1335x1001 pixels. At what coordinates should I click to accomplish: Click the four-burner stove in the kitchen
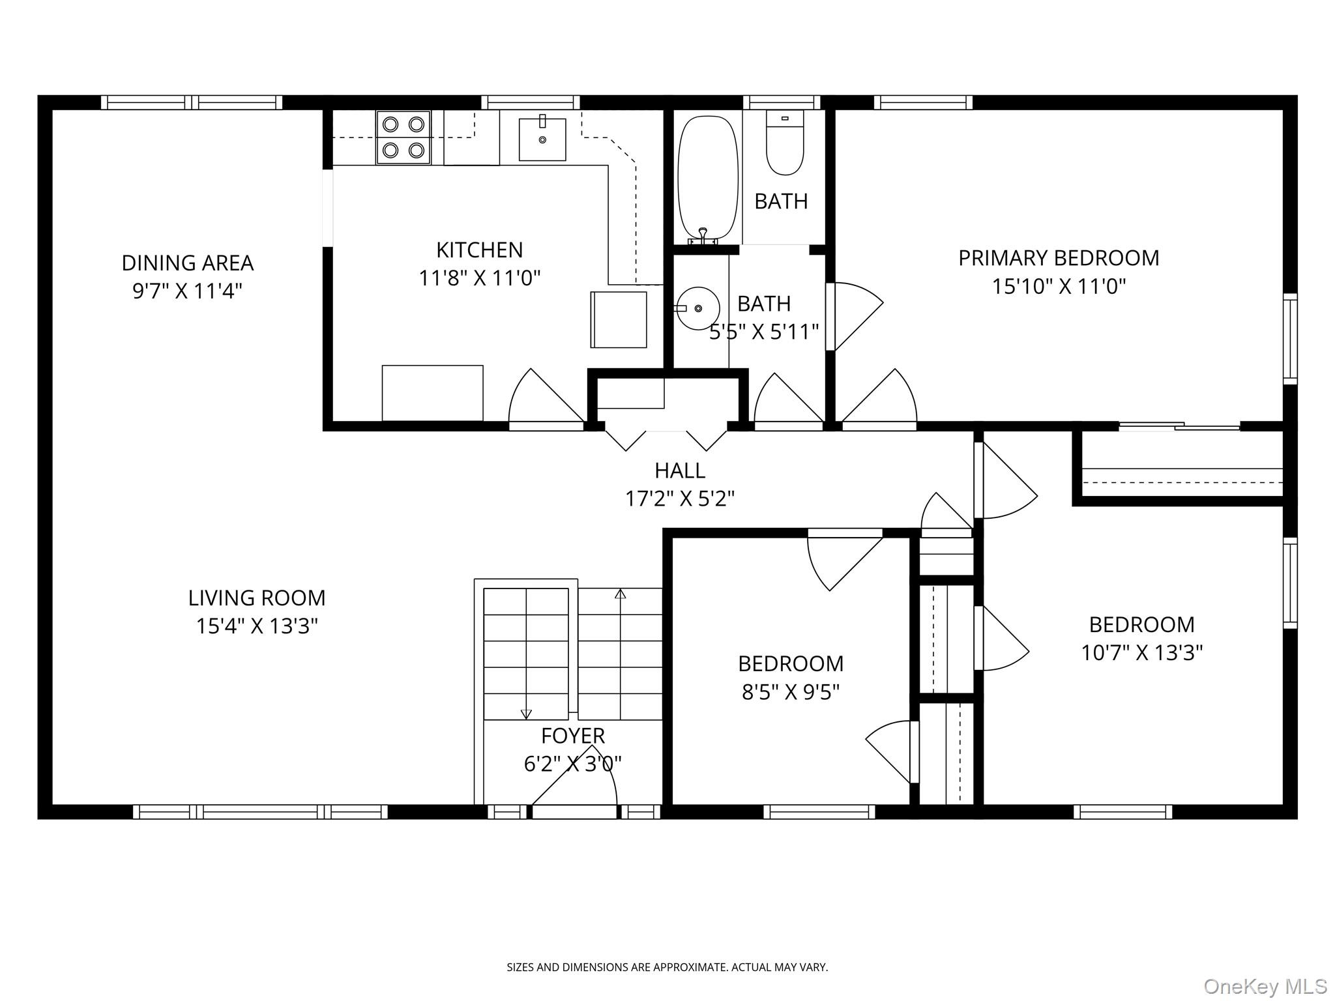click(403, 138)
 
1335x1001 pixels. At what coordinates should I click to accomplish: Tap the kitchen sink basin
click(542, 139)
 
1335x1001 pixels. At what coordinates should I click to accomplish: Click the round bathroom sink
click(697, 308)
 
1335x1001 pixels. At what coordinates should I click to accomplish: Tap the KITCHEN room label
click(479, 250)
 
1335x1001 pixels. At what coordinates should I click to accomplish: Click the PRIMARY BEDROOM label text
click(1059, 258)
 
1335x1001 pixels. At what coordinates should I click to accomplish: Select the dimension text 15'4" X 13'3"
click(257, 626)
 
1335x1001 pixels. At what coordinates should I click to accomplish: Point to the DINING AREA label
click(188, 263)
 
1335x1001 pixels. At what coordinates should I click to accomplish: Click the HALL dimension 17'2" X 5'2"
click(680, 499)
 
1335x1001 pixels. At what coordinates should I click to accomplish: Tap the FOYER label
click(573, 736)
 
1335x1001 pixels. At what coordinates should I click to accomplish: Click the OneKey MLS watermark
click(1265, 986)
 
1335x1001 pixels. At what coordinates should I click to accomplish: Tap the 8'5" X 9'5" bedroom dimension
click(790, 691)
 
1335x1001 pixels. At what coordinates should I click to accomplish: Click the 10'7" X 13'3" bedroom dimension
click(1142, 652)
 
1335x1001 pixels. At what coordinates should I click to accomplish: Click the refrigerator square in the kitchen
click(619, 319)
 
